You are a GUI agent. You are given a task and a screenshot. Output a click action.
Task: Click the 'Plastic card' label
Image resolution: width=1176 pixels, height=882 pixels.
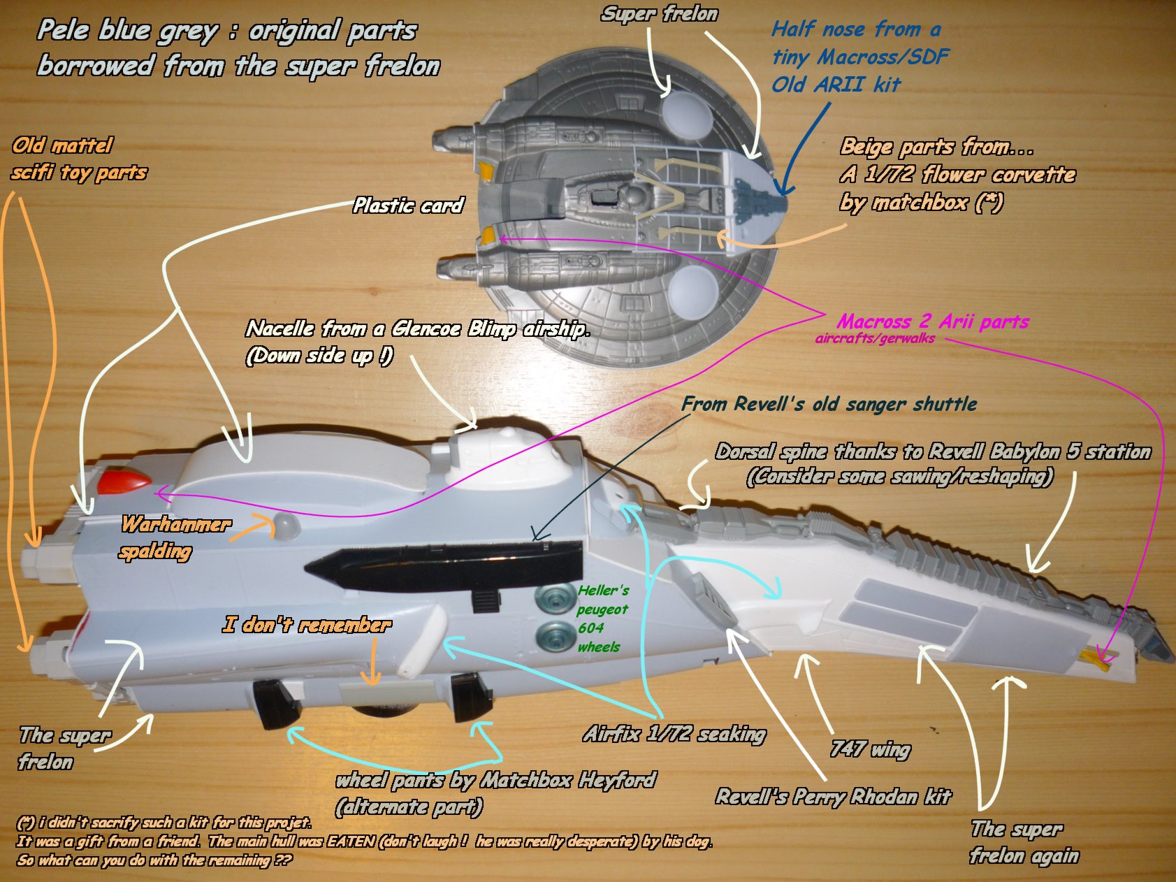[x=408, y=205]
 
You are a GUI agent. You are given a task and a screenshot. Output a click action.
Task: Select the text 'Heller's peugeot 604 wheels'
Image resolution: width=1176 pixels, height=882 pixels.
[x=602, y=619]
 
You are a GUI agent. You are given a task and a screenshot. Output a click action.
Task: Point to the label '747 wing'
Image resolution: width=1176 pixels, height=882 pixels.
[x=870, y=749]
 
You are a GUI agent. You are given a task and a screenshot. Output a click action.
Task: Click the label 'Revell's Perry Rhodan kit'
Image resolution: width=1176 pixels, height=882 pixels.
[x=833, y=797]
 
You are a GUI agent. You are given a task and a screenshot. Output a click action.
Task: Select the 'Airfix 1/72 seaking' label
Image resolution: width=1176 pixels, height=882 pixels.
[x=674, y=734]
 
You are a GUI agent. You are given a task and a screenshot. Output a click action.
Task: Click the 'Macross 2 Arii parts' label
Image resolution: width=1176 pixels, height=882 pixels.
[x=932, y=322]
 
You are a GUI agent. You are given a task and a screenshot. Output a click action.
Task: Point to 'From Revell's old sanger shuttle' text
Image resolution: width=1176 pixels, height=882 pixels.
[x=829, y=404]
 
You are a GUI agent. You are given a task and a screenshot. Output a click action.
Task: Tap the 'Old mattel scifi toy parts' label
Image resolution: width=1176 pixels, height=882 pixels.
[x=78, y=159]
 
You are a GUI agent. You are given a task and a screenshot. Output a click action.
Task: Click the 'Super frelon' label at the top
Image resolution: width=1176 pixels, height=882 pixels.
[x=659, y=14]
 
